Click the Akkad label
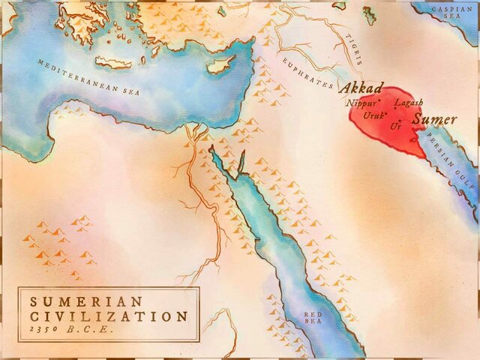(x=361, y=88)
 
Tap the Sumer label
(x=434, y=119)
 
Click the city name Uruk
(x=373, y=115)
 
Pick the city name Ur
(x=396, y=125)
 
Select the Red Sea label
(x=311, y=319)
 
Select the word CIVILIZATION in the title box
(x=109, y=316)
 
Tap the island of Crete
(x=113, y=62)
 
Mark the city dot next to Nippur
(x=381, y=100)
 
